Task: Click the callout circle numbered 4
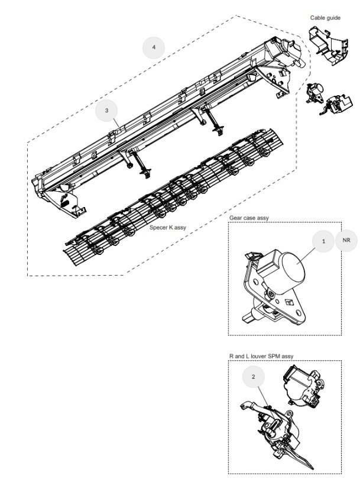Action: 153,47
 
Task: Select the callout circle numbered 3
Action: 106,111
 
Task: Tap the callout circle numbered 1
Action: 323,241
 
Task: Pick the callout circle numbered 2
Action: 253,377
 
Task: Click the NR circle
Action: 346,240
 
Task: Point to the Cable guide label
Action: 325,18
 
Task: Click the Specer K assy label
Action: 168,228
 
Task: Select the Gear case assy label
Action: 249,218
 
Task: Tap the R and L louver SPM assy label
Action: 261,356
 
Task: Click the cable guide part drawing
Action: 328,44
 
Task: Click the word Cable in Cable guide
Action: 317,18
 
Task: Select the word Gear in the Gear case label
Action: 235,218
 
